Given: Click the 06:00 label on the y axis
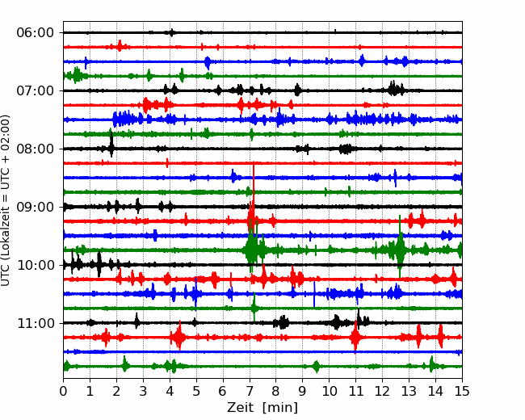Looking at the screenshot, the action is click(36, 33).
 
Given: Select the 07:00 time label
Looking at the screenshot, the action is click(36, 90).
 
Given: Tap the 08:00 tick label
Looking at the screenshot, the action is click(36, 149).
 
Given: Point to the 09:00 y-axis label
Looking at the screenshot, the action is click(36, 207).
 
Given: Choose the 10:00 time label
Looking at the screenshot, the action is click(36, 265).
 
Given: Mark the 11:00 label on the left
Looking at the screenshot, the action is click(36, 323).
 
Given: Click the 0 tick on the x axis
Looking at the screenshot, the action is click(63, 391).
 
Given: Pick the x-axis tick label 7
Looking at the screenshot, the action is click(250, 391).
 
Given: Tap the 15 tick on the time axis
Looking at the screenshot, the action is click(462, 391).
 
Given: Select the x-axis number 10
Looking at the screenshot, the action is click(329, 391).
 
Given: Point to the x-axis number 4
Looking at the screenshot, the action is click(170, 391).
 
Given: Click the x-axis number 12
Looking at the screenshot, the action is click(382, 391).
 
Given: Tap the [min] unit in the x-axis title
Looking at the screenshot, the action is click(280, 408).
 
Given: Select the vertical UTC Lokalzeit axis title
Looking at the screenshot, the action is click(5, 200).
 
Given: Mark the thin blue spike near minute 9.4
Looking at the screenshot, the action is click(314, 294).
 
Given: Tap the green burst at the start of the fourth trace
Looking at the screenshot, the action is click(77, 75).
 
